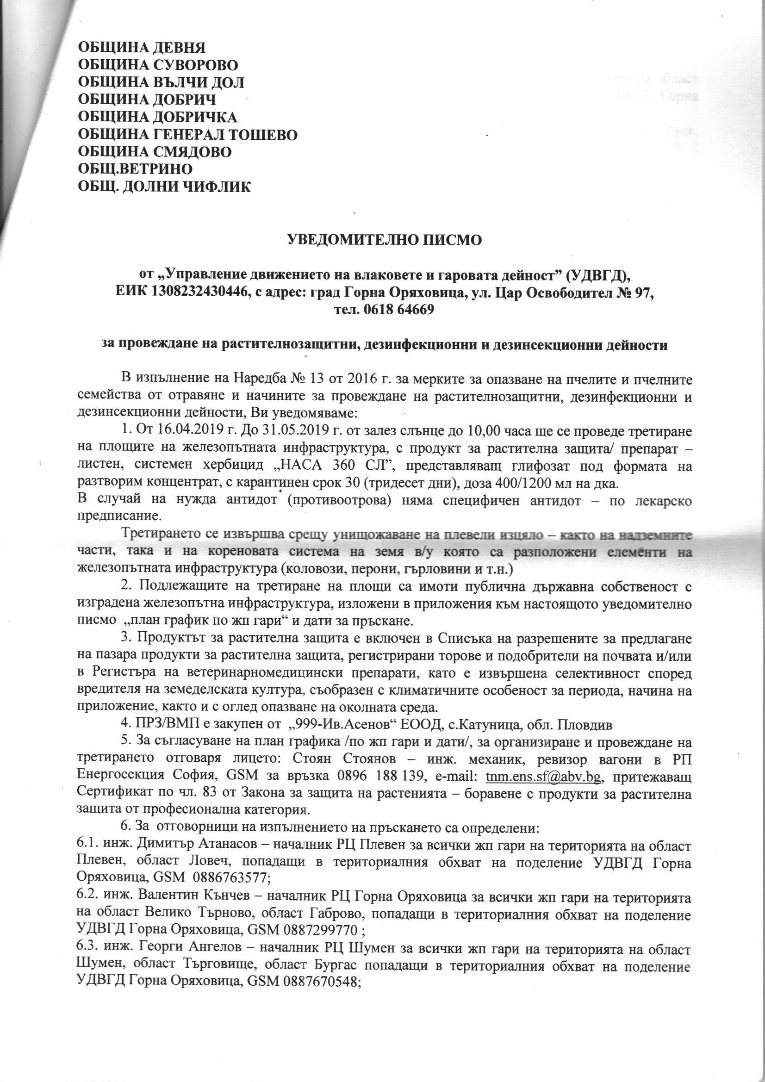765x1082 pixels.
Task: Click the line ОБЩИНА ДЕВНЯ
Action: [142, 48]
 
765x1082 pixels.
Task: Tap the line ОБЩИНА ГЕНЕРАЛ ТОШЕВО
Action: [187, 135]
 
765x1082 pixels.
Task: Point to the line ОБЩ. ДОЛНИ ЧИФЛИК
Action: [164, 187]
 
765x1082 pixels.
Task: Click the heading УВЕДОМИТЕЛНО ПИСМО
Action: [385, 240]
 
